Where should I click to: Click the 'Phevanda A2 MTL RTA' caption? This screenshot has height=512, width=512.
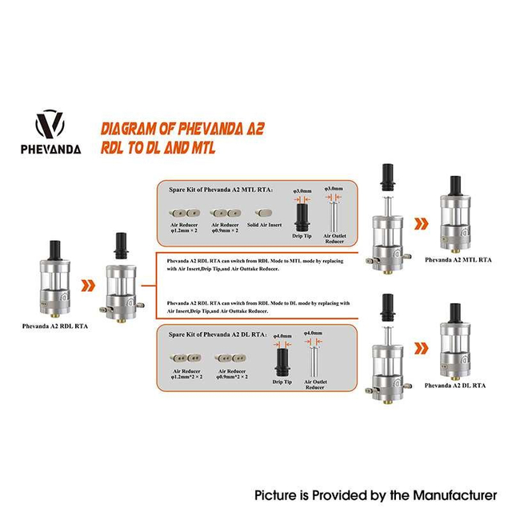point(458,259)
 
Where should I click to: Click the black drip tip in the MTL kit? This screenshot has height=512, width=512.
point(302,211)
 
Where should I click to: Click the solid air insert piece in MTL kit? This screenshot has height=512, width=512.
point(266,214)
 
